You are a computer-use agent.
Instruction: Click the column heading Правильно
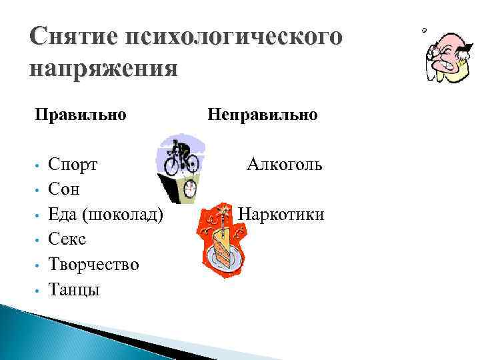81,115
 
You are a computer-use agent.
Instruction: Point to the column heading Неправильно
263,115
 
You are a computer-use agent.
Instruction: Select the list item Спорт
73,164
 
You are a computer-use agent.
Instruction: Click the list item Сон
64,189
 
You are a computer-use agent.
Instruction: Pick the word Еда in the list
63,214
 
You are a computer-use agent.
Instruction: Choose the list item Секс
67,239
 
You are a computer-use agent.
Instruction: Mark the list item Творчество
94,264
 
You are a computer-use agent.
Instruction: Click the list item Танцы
74,289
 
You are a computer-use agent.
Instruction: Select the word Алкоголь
285,164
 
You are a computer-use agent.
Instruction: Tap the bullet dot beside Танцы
41,290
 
